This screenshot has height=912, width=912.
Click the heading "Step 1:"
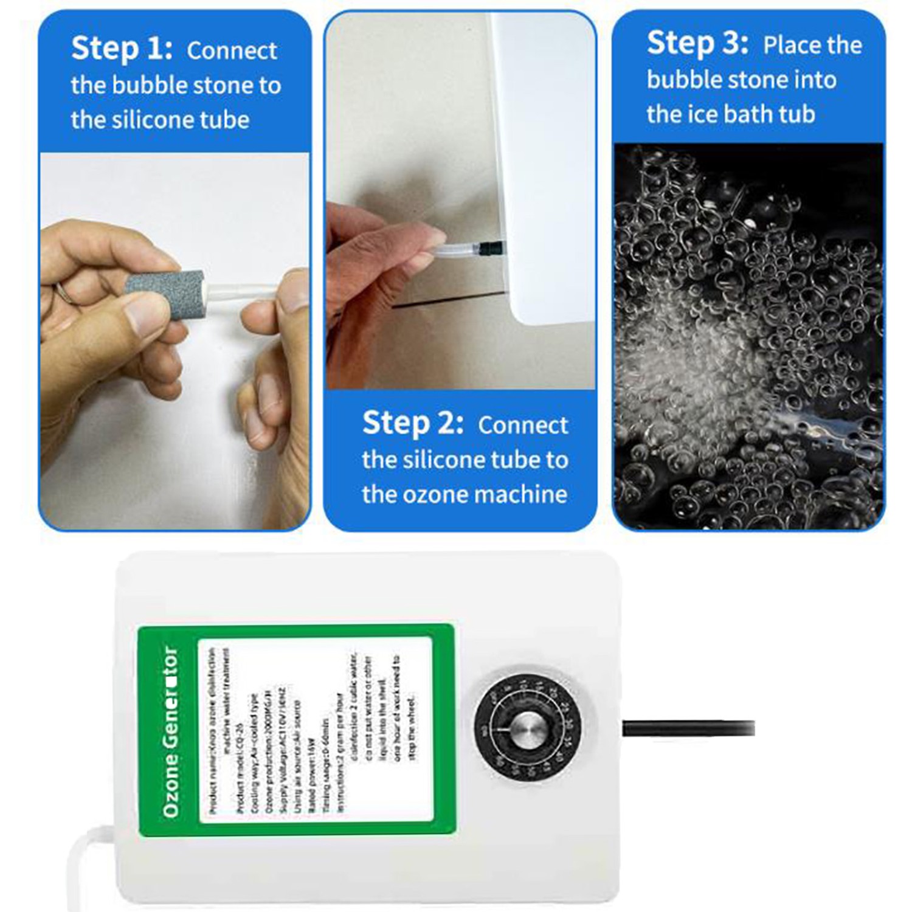122,49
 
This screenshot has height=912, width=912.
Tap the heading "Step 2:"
412,423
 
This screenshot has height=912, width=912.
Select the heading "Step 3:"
697,44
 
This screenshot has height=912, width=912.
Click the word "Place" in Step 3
788,46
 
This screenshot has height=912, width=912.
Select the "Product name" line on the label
213,730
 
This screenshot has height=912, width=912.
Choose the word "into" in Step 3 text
812,80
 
